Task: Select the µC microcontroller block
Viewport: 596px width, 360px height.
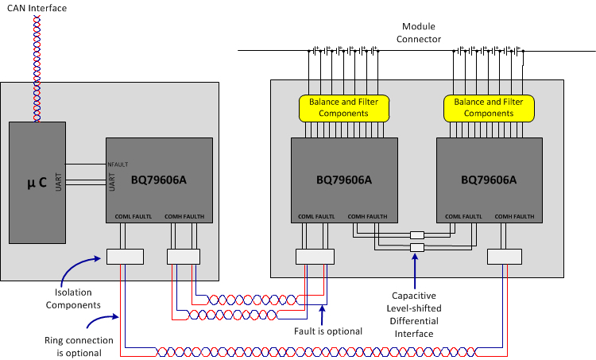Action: pyautogui.click(x=37, y=182)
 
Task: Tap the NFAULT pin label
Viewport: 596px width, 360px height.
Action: pyautogui.click(x=118, y=165)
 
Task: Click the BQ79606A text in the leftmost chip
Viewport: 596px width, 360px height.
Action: pyautogui.click(x=159, y=180)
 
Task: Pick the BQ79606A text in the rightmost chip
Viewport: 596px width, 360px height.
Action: pyautogui.click(x=489, y=180)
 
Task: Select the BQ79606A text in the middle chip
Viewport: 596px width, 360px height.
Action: pyautogui.click(x=343, y=180)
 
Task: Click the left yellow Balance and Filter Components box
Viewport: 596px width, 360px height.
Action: pyautogui.click(x=343, y=107)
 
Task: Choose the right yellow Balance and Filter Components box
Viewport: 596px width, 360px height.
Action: pyautogui.click(x=489, y=107)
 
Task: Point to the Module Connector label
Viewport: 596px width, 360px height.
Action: pyautogui.click(x=421, y=33)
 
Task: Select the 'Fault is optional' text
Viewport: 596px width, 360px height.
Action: pyautogui.click(x=327, y=331)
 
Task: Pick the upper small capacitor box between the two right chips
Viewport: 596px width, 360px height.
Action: pyautogui.click(x=417, y=235)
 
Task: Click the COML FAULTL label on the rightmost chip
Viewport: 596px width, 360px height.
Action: pyautogui.click(x=463, y=216)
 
